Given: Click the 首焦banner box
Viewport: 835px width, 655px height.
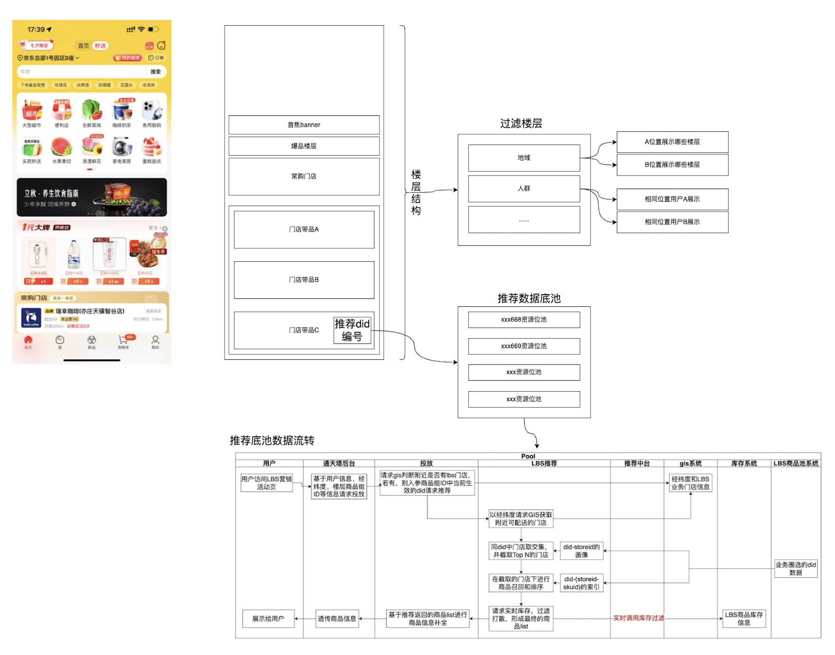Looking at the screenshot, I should [x=304, y=125].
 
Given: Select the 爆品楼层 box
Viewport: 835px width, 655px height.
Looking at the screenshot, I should [x=304, y=146].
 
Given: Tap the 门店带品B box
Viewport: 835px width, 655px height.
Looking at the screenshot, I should [x=304, y=280].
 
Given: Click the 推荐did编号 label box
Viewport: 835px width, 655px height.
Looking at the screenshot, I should [x=352, y=330].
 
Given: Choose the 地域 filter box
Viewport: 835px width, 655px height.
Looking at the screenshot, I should [x=524, y=158].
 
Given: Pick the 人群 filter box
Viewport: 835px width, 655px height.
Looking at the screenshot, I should [x=524, y=188].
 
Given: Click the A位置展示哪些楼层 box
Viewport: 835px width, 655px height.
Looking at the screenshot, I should [x=672, y=142].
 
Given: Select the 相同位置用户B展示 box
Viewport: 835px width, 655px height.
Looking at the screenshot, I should [x=672, y=222].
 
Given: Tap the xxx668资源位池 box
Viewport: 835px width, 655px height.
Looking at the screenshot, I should [x=524, y=320].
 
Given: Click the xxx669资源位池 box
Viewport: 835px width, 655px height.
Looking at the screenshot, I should [x=524, y=346].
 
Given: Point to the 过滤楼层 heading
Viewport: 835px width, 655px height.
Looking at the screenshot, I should [x=521, y=123].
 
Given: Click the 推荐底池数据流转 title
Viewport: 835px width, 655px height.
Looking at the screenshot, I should [x=272, y=440].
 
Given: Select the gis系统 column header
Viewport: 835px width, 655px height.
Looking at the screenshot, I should [x=690, y=463].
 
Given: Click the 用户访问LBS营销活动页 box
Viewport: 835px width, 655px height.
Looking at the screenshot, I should [x=266, y=483].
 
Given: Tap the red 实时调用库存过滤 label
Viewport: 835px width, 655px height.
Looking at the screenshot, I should [x=638, y=618].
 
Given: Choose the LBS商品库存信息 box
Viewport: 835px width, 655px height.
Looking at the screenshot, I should [x=744, y=618].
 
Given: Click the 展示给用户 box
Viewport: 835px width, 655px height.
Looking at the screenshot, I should [x=268, y=618].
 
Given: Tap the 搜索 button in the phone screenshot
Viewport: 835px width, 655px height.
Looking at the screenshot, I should [x=155, y=72].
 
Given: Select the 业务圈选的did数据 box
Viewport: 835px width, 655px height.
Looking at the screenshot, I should [x=796, y=568].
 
